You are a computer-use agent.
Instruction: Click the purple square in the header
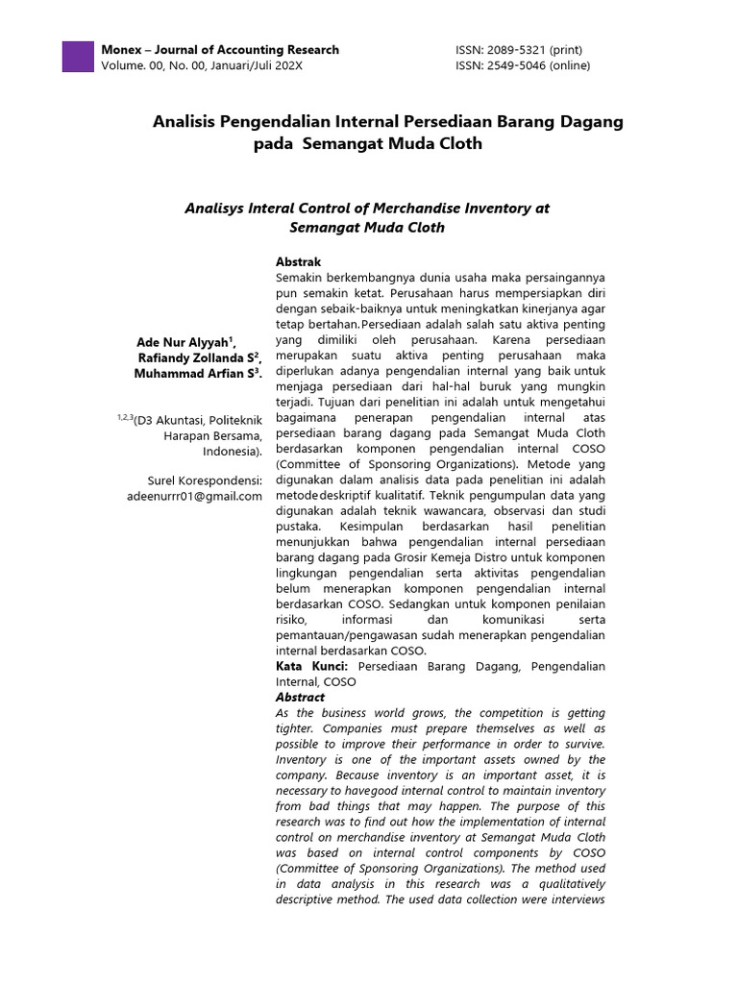pyautogui.click(x=77, y=57)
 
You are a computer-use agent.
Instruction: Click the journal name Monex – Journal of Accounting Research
pyautogui.click(x=219, y=49)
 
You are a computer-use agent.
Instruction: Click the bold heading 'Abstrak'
pyautogui.click(x=298, y=261)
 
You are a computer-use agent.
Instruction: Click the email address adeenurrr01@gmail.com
pyautogui.click(x=194, y=496)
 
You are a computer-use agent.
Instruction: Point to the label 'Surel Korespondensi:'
pyautogui.click(x=205, y=480)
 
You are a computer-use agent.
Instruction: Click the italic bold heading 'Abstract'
pyautogui.click(x=300, y=697)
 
